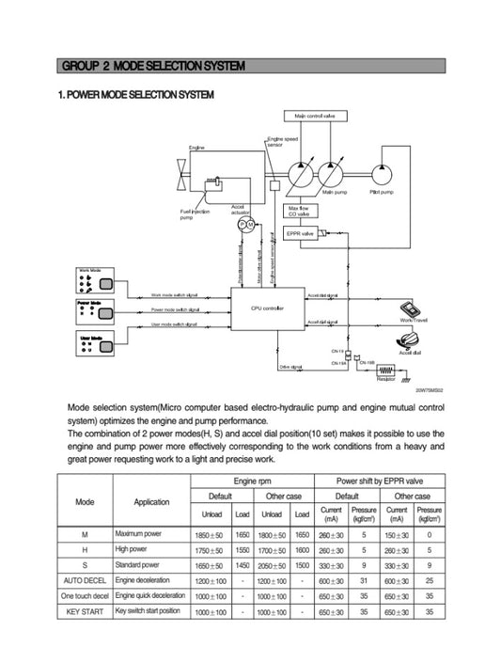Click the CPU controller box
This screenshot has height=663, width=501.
click(x=267, y=308)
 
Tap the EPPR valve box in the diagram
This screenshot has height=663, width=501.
click(x=300, y=232)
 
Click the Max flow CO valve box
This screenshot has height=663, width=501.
click(x=299, y=212)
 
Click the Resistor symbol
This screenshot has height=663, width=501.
click(x=385, y=371)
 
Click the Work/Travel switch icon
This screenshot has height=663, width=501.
click(x=413, y=311)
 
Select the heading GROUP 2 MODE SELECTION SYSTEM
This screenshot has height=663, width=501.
click(x=152, y=66)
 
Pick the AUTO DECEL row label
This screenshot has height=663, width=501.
click(x=86, y=582)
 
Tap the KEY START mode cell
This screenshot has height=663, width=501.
click(x=86, y=611)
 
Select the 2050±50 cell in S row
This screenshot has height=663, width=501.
click(x=272, y=566)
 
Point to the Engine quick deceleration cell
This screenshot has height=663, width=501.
click(x=150, y=596)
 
